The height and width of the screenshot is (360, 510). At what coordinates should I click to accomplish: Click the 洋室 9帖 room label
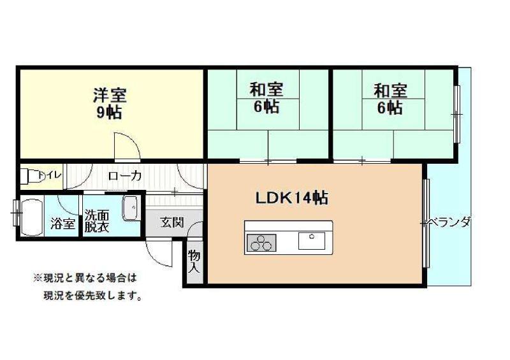pyautogui.click(x=109, y=103)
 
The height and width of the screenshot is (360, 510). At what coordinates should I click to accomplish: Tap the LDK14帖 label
pyautogui.click(x=292, y=198)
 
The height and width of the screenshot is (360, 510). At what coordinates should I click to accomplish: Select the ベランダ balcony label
pyautogui.click(x=450, y=222)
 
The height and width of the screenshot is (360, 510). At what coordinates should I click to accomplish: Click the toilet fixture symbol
pyautogui.click(x=30, y=176)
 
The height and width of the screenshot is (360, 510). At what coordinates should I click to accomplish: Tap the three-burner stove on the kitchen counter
pyautogui.click(x=261, y=243)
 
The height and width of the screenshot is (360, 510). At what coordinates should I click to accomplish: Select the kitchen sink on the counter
pyautogui.click(x=312, y=241)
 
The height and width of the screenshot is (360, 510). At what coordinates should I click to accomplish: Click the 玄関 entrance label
pyautogui.click(x=171, y=222)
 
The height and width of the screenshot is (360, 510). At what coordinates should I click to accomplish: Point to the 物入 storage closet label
pyautogui.click(x=194, y=262)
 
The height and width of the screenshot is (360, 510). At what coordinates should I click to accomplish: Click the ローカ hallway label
pyautogui.click(x=125, y=176)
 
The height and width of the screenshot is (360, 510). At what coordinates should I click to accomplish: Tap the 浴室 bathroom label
pyautogui.click(x=62, y=224)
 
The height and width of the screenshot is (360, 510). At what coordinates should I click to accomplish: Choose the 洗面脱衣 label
pyautogui.click(x=97, y=221)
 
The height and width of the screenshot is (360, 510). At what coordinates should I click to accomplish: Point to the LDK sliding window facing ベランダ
pyautogui.click(x=426, y=224)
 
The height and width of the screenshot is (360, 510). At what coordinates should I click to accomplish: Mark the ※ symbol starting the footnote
pyautogui.click(x=38, y=278)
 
